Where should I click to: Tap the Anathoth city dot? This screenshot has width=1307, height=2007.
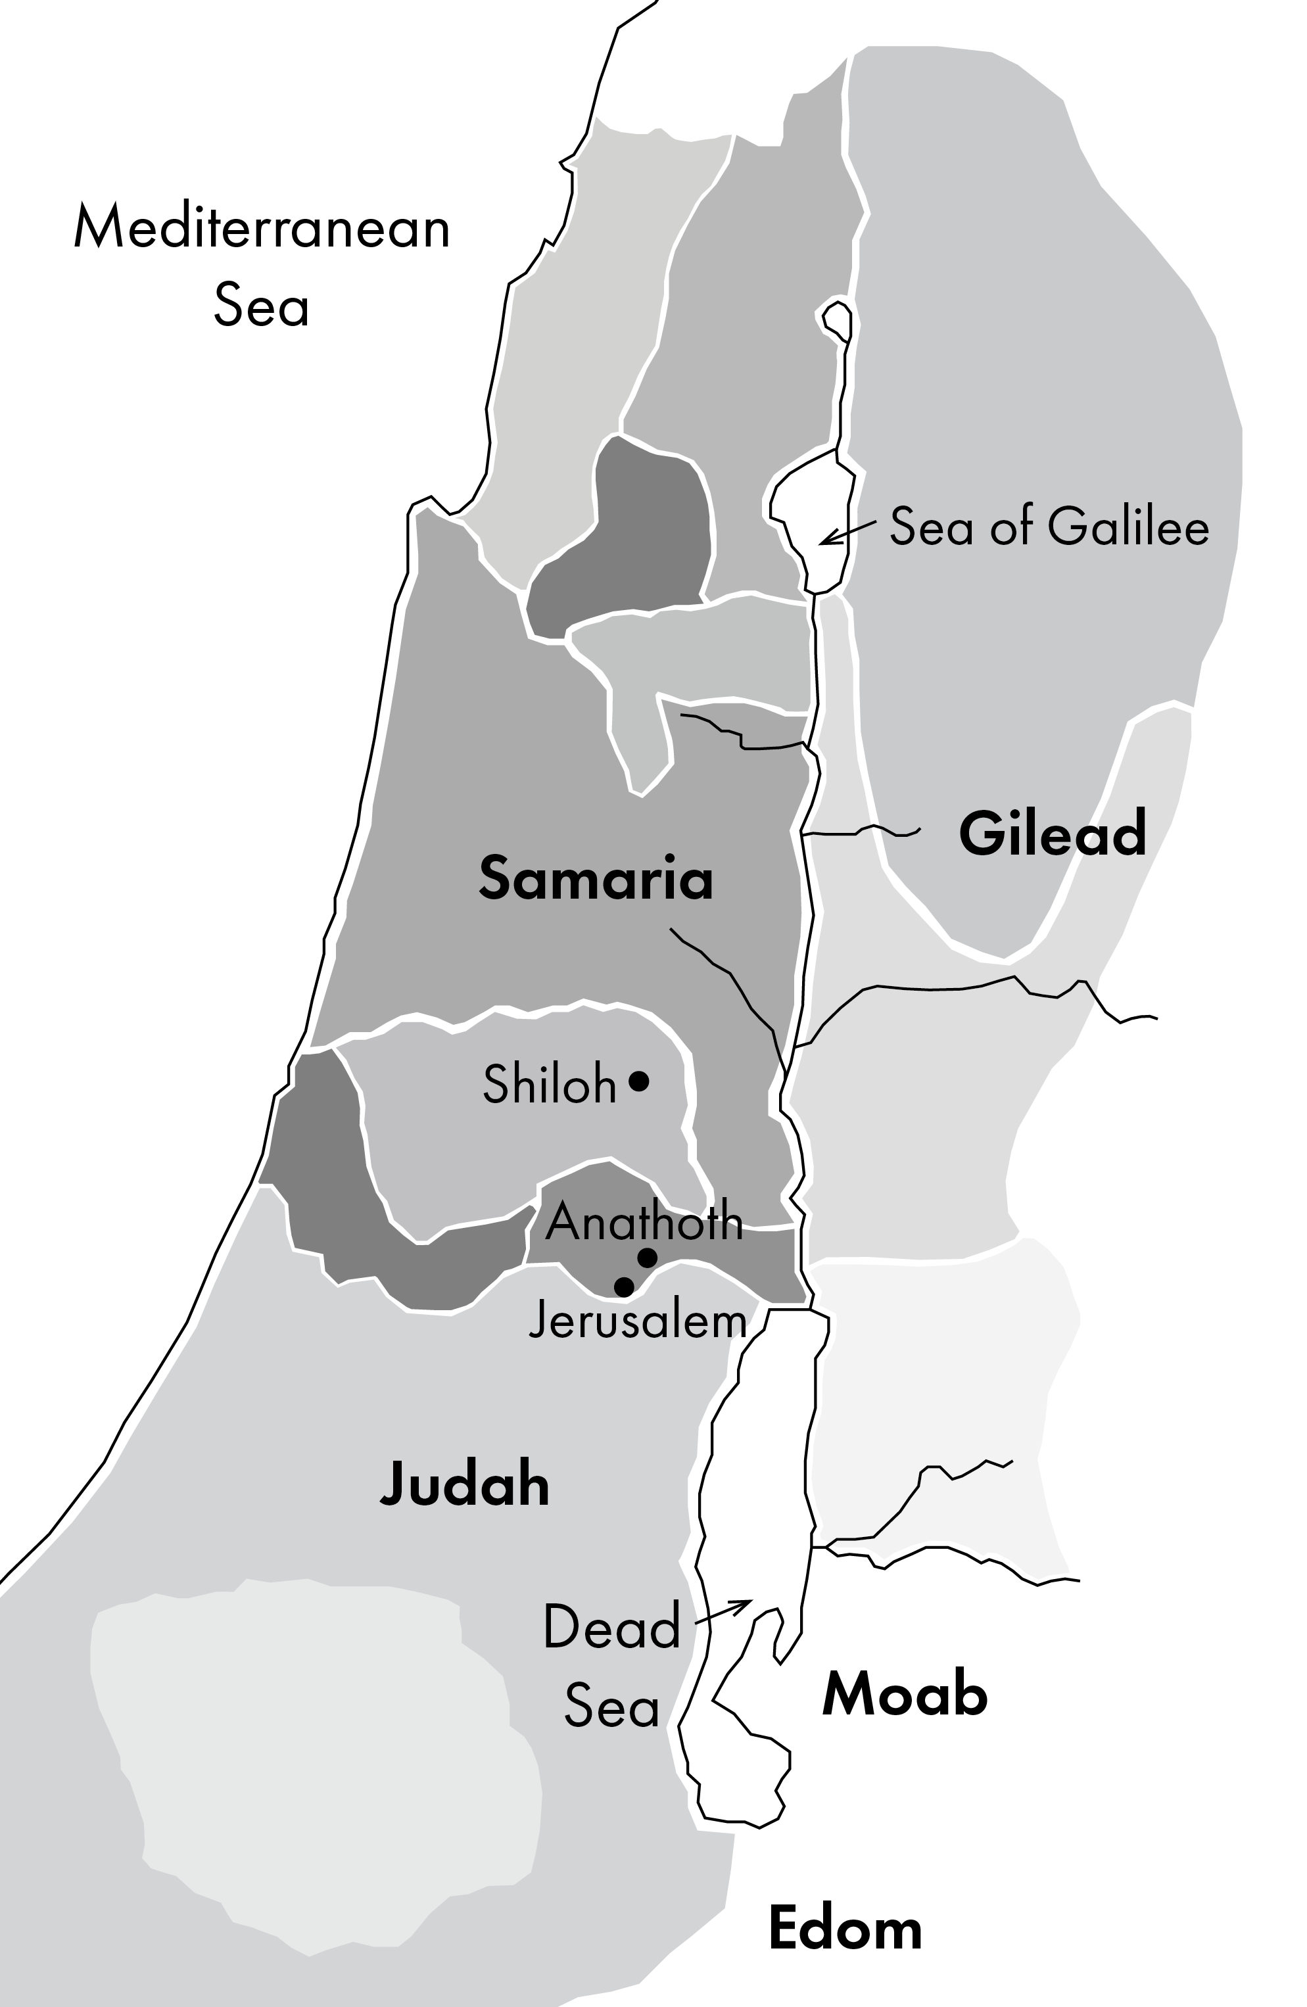647,1258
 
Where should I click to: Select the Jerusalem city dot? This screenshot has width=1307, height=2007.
624,1287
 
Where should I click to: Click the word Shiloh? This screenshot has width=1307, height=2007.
549,1085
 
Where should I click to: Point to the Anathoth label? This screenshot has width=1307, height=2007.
644,1220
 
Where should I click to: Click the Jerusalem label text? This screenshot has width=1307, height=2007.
638,1321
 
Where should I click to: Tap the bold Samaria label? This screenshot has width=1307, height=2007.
596,879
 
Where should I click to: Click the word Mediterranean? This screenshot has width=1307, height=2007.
262,227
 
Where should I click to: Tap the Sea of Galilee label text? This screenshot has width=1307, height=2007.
1049,526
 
